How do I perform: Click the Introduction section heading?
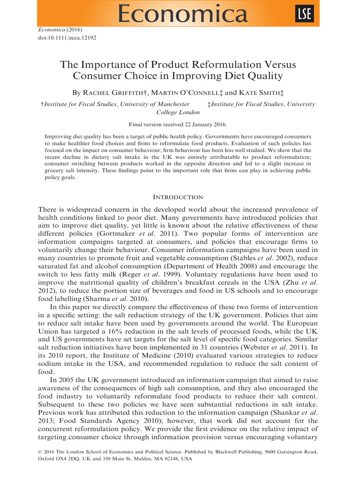(x=180, y=197)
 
